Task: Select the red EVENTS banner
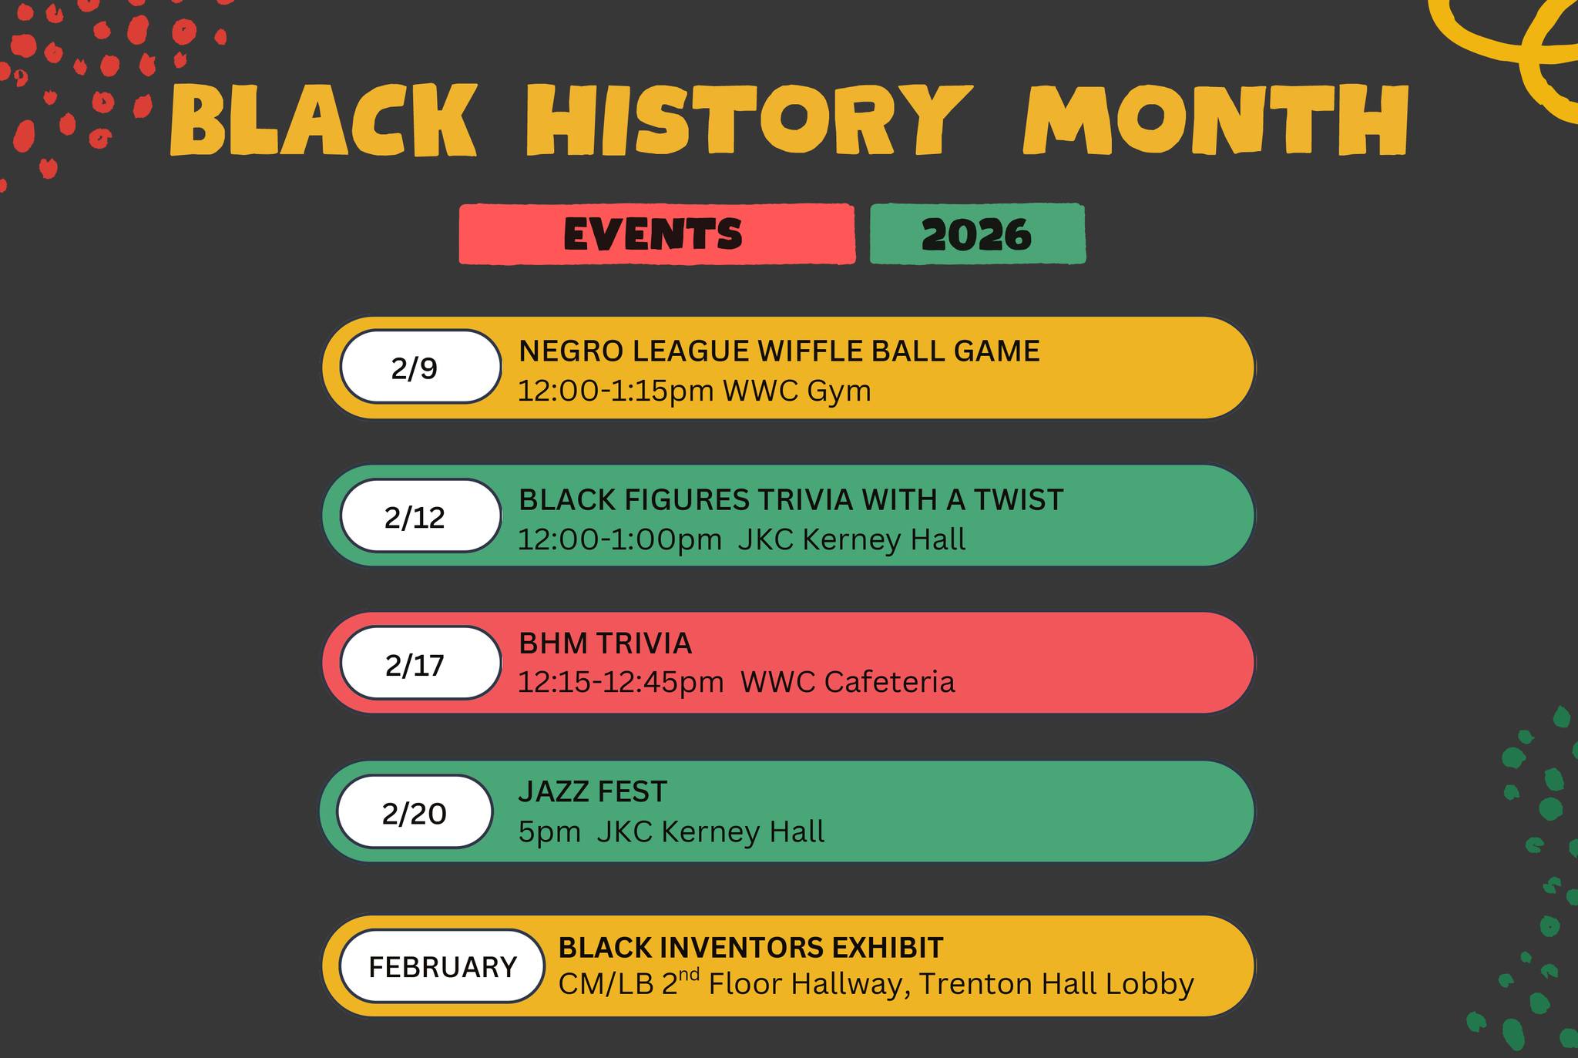coord(657,233)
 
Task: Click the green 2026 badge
coord(978,233)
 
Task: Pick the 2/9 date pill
coord(421,367)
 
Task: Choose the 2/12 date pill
coord(421,516)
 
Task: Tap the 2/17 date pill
coord(421,663)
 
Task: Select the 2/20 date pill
coord(415,811)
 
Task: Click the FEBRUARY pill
coord(442,966)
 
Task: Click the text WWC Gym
coord(797,391)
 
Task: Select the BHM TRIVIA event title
coord(606,643)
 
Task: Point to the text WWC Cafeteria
coord(848,682)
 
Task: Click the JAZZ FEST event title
coord(593,791)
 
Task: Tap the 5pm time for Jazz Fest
coord(549,832)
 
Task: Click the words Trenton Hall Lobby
coord(1056,984)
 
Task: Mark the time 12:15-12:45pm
coord(620,682)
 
